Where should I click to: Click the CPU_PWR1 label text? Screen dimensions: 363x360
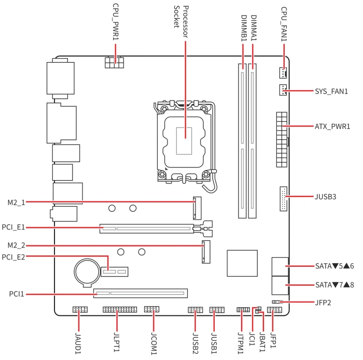click(116, 22)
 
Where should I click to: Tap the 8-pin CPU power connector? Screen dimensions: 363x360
click(115, 62)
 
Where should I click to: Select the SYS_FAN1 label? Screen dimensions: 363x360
click(331, 91)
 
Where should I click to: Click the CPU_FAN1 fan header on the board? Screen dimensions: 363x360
click(283, 73)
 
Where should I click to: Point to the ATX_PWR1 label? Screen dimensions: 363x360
click(332, 126)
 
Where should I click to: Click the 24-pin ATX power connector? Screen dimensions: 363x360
click(282, 140)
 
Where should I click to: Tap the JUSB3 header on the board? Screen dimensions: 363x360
click(283, 199)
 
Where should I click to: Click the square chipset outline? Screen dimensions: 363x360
click(242, 263)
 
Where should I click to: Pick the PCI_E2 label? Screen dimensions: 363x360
click(13, 257)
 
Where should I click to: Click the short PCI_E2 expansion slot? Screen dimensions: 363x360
click(115, 271)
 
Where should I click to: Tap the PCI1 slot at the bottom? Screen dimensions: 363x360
click(141, 293)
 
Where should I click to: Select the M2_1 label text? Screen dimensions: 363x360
click(16, 203)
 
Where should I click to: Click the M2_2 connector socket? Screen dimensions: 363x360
click(206, 252)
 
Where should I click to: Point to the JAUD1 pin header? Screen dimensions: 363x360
click(80, 310)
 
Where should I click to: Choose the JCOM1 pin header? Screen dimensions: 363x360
click(151, 309)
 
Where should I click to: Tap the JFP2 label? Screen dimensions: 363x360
click(323, 303)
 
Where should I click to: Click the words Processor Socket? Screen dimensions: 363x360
click(181, 22)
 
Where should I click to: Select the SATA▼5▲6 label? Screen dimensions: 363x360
click(334, 266)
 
